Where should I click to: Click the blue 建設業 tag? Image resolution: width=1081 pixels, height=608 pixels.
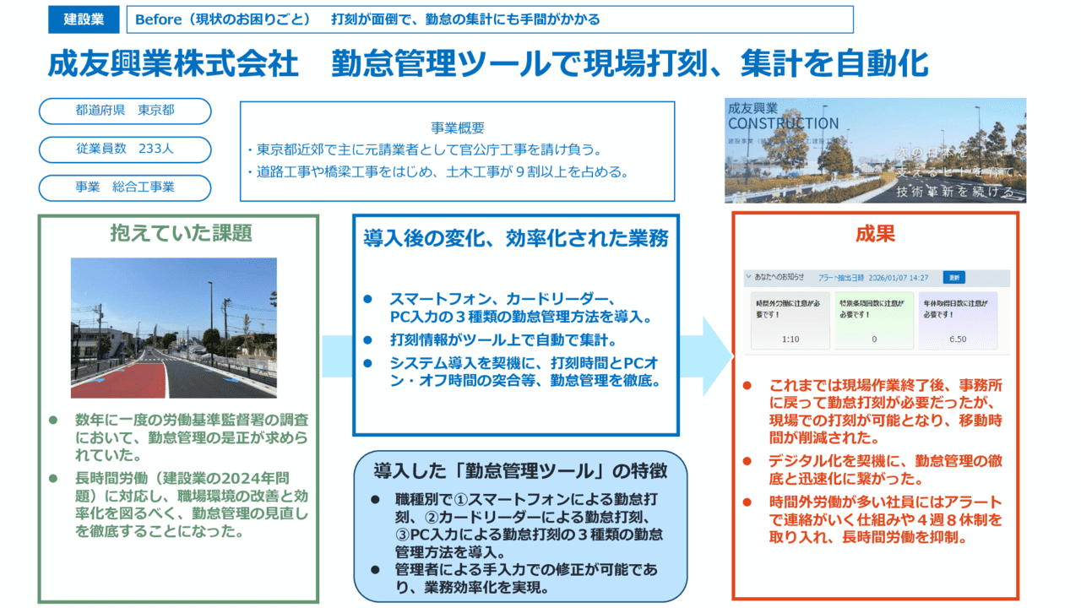click(84, 19)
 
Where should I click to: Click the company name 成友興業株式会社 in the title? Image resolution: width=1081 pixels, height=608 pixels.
click(173, 63)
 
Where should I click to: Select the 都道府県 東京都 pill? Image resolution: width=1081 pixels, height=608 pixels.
click(125, 111)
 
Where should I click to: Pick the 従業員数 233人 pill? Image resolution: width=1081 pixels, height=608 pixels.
click(125, 149)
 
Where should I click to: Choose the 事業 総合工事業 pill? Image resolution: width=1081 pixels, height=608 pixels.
click(125, 187)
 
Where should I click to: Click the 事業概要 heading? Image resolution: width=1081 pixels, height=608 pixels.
click(458, 128)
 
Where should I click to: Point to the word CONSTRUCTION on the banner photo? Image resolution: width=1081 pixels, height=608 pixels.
click(783, 124)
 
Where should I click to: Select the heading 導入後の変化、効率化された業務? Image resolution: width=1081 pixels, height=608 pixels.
click(515, 238)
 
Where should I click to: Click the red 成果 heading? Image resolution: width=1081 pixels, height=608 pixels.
click(875, 234)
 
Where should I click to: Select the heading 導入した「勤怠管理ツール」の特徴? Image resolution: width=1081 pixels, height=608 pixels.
click(519, 470)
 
